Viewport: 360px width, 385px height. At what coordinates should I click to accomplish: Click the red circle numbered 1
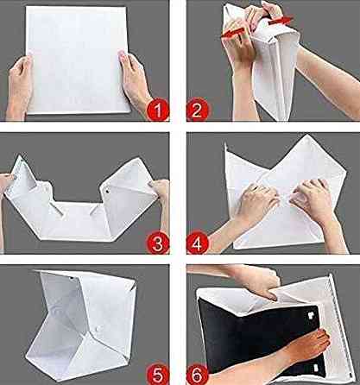coord(158,110)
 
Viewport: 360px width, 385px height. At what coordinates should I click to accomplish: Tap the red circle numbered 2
coord(198,110)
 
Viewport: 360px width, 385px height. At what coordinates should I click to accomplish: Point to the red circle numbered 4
coord(198,243)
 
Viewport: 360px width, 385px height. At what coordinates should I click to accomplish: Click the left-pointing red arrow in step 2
coord(233,32)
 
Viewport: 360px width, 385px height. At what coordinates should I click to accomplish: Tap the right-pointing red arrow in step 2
coord(281,21)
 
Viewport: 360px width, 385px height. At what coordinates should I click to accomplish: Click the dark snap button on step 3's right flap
coord(107,191)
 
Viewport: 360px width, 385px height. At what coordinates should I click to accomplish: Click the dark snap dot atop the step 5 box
coord(71,278)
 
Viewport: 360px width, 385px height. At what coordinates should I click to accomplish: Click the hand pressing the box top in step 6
coord(259,283)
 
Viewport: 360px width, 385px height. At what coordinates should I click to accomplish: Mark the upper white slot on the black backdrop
coord(311,316)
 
